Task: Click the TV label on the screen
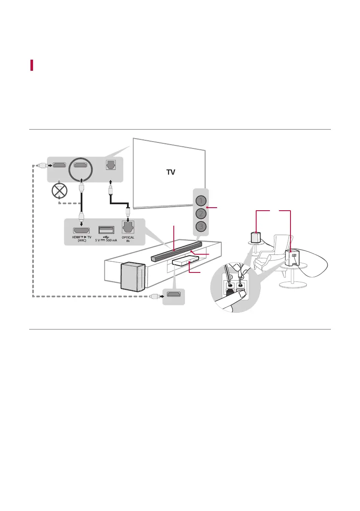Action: (171, 172)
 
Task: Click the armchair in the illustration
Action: (270, 253)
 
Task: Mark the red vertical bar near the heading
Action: (32, 66)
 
